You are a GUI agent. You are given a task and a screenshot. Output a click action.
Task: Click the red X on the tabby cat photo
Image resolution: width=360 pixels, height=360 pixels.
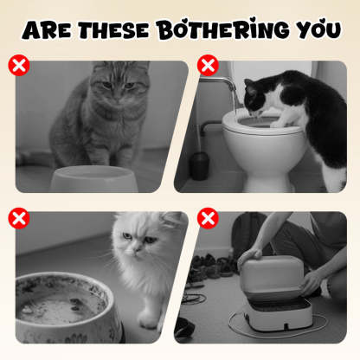tap(18, 65)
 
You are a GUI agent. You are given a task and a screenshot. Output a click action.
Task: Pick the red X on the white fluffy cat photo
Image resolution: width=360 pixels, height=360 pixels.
tap(18, 217)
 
